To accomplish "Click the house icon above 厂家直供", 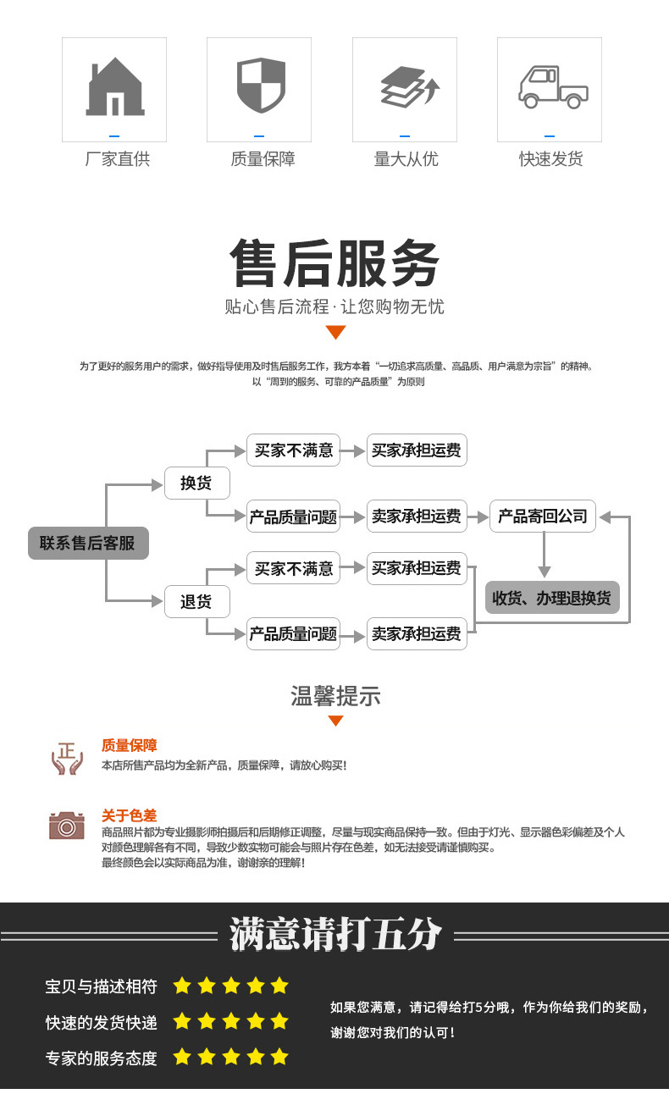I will (x=114, y=86).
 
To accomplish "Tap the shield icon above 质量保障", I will (x=259, y=85).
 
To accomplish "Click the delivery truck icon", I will (x=550, y=86).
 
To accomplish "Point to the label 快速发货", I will (x=550, y=159).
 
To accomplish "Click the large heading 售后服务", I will (x=334, y=264).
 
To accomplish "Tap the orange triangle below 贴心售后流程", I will (x=335, y=332).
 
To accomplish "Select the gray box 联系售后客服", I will (x=88, y=543).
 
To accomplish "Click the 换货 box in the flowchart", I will (x=196, y=483).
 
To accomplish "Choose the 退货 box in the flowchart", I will (x=196, y=602).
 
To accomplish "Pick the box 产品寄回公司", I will (x=543, y=516).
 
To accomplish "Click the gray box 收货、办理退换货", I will (x=551, y=598).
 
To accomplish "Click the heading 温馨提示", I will (x=335, y=696).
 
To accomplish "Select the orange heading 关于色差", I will (x=129, y=815).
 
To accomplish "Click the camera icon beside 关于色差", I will (x=67, y=825).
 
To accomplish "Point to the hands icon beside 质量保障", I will (x=67, y=758).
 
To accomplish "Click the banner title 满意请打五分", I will (x=335, y=935).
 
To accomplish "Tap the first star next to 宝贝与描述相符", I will (x=182, y=986).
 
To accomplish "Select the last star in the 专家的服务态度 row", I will (x=279, y=1057).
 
